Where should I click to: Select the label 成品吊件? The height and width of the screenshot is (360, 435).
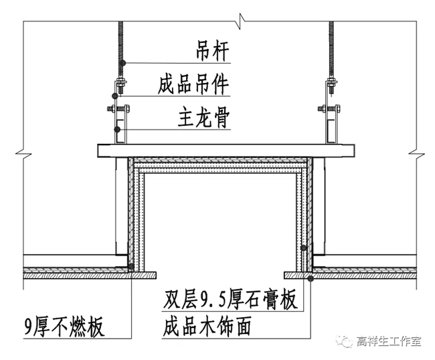point(193,86)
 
